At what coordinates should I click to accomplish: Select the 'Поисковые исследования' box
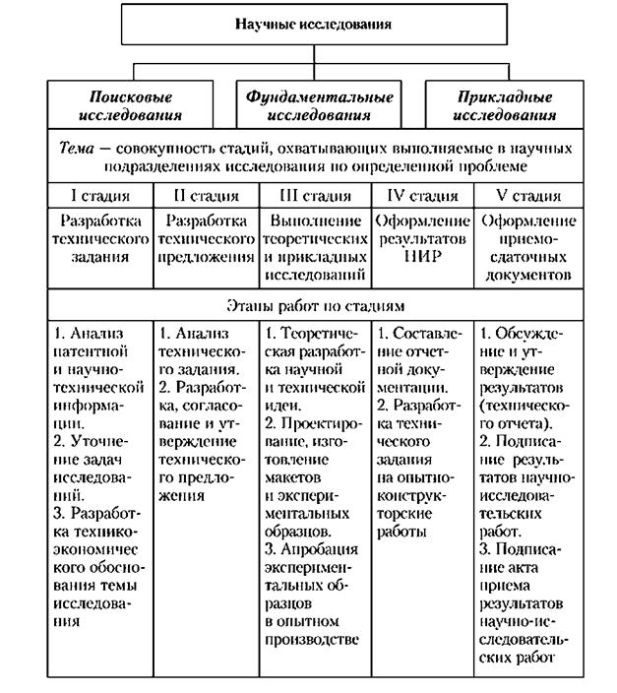tap(130, 105)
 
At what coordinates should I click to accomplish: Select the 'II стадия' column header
tap(206, 195)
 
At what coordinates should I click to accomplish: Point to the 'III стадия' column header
tap(316, 195)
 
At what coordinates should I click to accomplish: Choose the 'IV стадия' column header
tap(423, 195)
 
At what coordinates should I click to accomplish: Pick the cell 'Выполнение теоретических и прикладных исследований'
tap(316, 247)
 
